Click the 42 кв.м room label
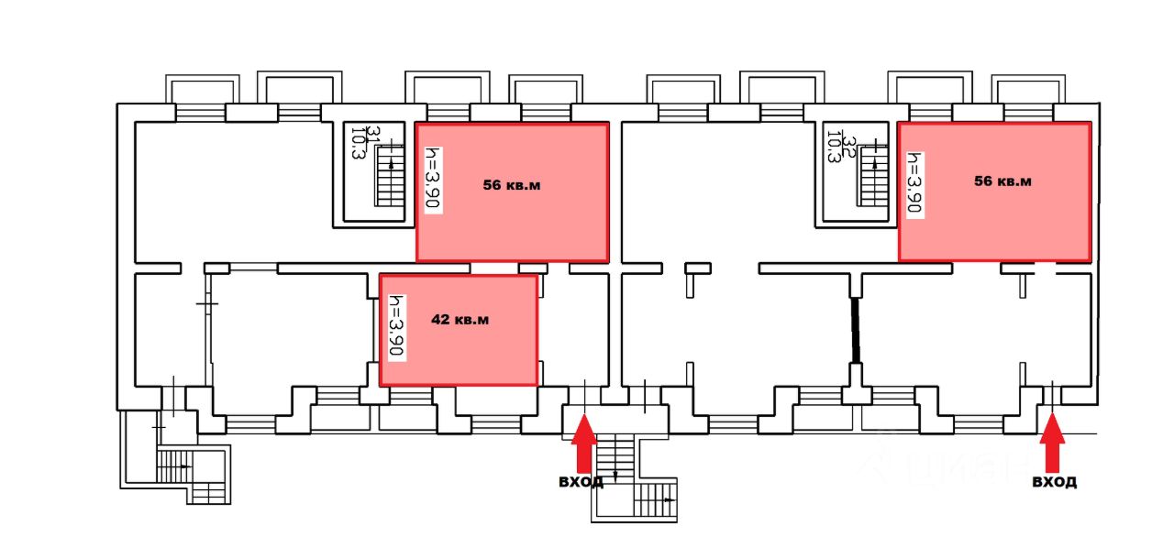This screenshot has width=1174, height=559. point(460,320)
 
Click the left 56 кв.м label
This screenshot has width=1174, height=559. point(512,185)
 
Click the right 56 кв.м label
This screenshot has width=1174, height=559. point(1002,181)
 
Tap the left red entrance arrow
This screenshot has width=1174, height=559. point(583,442)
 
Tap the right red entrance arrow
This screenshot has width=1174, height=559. point(1051,442)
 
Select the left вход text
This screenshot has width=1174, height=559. point(581,481)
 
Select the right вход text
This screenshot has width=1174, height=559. point(1054,481)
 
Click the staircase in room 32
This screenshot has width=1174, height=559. point(874,174)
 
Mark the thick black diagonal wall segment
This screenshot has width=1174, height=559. point(856,330)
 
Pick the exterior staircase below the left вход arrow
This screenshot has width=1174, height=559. point(633,481)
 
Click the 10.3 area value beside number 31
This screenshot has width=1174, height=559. point(358,144)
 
